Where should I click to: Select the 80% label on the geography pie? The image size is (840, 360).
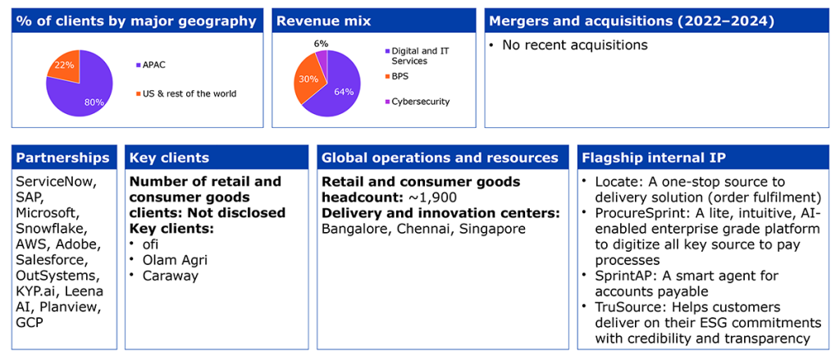(94, 102)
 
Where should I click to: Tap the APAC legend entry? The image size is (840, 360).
(150, 66)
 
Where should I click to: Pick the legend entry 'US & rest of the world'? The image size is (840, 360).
(186, 93)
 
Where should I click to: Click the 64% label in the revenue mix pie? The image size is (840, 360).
(344, 92)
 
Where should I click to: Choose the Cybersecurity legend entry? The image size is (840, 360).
(416, 101)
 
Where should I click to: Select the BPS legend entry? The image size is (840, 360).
(395, 76)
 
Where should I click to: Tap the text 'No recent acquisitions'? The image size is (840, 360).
(575, 45)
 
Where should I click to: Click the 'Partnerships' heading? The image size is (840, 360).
(62, 158)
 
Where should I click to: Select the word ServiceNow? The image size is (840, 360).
(57, 182)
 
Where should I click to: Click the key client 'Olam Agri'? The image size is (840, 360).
(175, 260)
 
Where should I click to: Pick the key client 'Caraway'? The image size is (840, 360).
(171, 276)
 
